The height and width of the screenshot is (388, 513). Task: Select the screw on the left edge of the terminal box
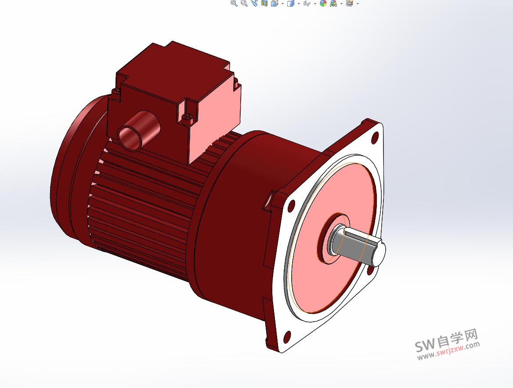point(116,92)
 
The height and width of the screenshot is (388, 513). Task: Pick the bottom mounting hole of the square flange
point(287,337)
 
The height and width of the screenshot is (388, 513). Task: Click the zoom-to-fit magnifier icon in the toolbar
point(234,4)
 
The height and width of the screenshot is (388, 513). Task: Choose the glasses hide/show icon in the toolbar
point(307,4)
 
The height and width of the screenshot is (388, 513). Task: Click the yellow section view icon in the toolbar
point(264,4)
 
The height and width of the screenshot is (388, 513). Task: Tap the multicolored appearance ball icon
point(323,4)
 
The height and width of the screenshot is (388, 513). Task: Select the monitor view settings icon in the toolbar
point(350,4)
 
